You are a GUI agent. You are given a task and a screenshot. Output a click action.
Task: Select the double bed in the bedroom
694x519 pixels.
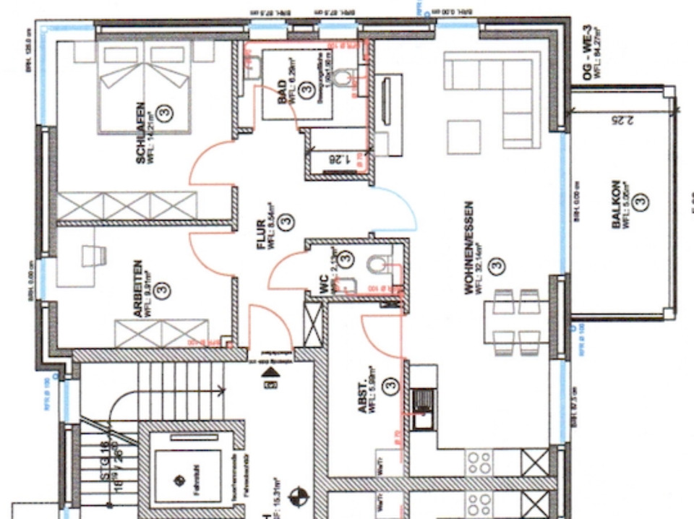(x=145, y=87)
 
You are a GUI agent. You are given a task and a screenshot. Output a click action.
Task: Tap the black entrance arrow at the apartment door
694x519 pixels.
(x=272, y=372)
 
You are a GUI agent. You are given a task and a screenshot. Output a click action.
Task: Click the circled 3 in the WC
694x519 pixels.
(x=346, y=257)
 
